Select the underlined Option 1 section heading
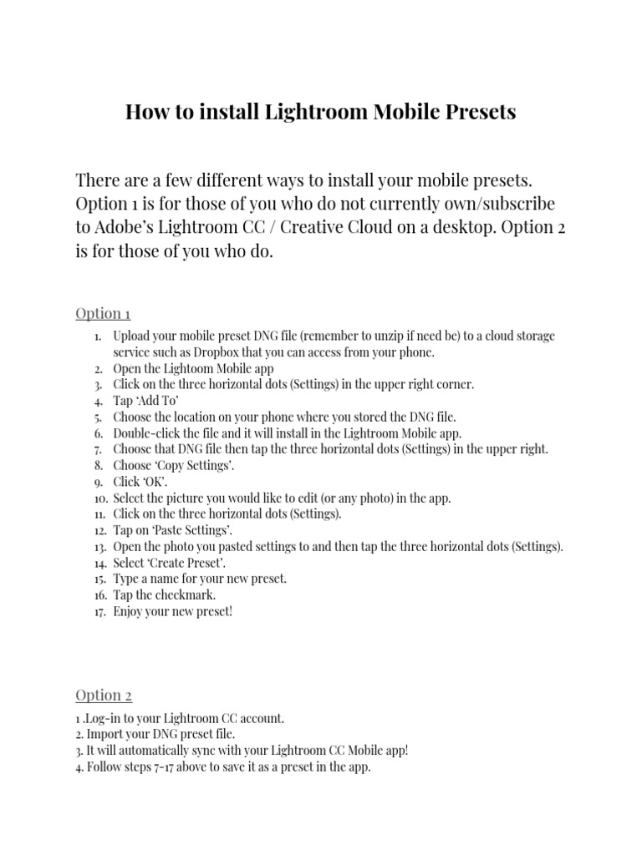click(x=103, y=313)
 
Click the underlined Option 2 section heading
click(x=104, y=696)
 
